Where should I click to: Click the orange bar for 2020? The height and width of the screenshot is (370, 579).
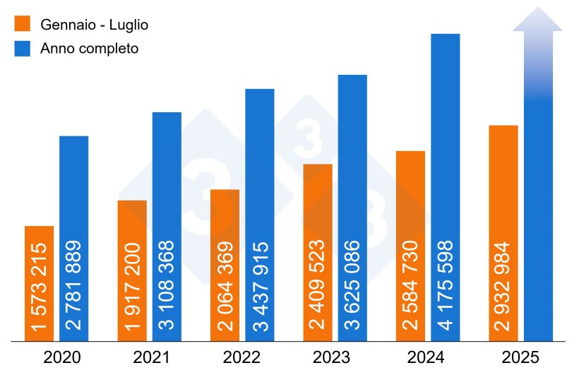pos(39,282)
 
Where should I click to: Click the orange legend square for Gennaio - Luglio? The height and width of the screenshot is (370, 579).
pos(23,24)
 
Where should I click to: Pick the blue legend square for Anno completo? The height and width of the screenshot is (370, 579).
pos(23,49)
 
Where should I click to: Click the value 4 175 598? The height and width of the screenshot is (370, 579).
pos(446,286)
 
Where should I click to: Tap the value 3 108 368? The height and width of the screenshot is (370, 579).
pos(167,286)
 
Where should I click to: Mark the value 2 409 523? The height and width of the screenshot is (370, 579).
pos(318,286)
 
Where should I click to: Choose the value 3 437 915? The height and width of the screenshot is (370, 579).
pos(261,286)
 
